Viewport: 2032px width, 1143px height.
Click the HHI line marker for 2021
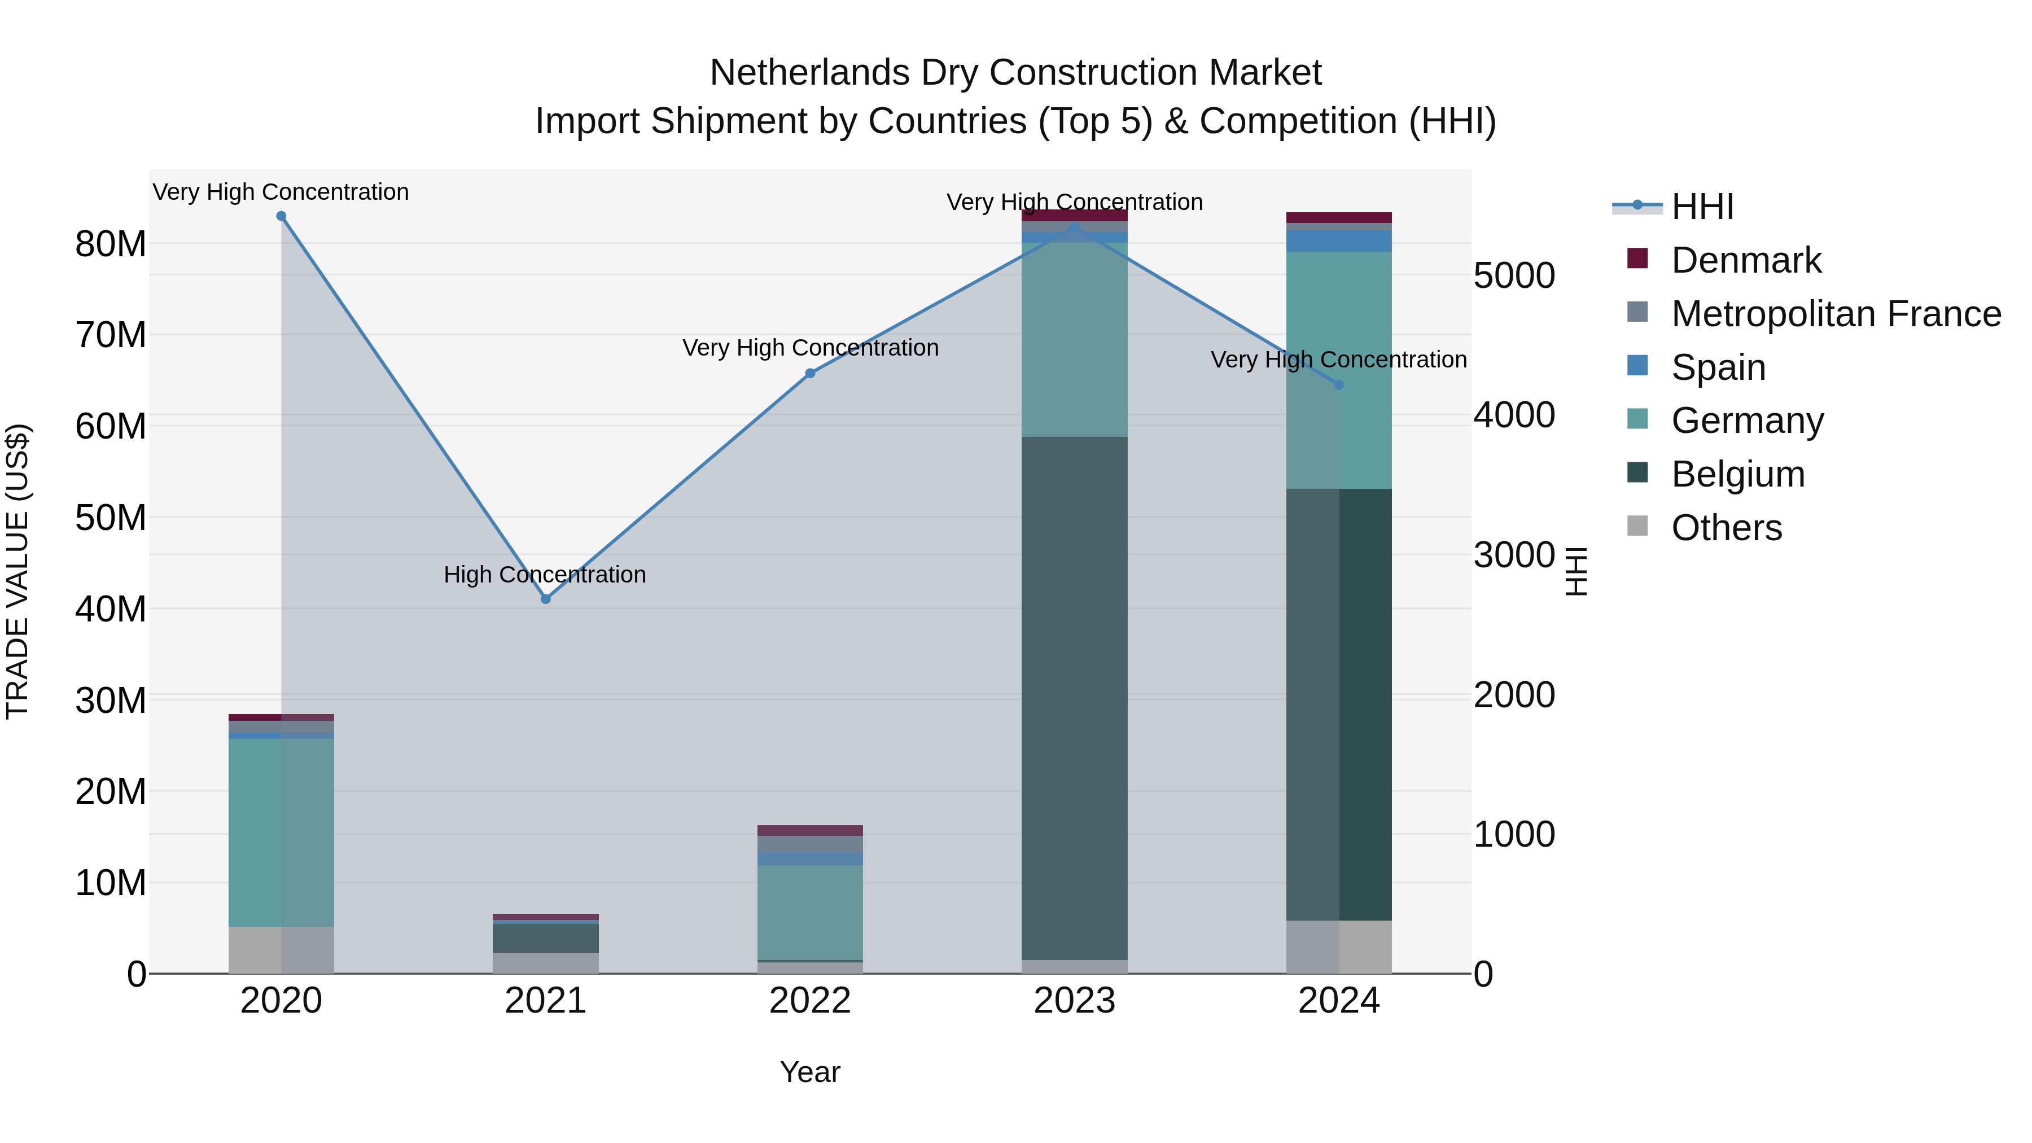(x=545, y=599)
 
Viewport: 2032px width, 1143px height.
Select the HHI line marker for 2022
(x=809, y=373)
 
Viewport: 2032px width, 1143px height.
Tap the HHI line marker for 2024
(x=1339, y=385)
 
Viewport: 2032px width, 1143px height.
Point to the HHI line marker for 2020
(x=281, y=216)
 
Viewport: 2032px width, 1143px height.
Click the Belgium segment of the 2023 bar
(x=1074, y=698)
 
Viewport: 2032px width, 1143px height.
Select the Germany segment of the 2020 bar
(x=281, y=832)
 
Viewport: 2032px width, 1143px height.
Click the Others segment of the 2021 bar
(x=545, y=962)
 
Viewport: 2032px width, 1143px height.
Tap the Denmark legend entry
(x=1746, y=260)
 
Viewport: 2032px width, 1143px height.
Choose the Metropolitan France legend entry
(x=1836, y=314)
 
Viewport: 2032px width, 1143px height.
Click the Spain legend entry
(x=1718, y=367)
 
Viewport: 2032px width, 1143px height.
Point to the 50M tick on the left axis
(x=111, y=518)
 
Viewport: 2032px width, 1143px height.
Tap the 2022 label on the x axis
(x=809, y=1001)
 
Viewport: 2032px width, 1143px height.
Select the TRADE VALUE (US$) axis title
(x=17, y=571)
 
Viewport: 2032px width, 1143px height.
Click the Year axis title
(x=809, y=1072)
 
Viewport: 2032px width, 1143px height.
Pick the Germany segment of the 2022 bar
(x=809, y=912)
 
